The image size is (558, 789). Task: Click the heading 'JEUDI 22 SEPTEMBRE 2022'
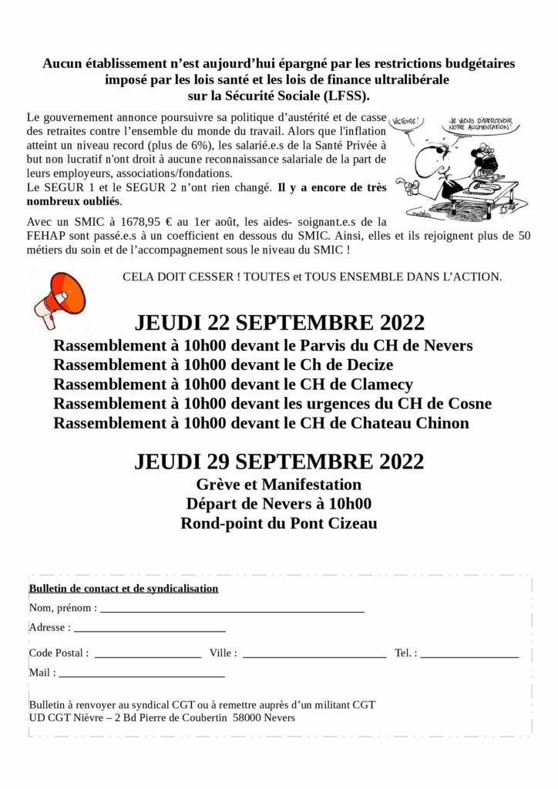point(279,321)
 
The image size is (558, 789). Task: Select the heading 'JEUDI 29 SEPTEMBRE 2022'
point(279,462)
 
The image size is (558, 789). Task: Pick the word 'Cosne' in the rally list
point(467,404)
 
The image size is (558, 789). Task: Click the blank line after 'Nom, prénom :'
point(232,609)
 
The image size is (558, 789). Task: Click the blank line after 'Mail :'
point(142,675)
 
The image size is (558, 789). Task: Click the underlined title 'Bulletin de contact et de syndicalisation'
point(123,589)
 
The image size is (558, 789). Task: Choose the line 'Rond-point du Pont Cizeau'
point(279,524)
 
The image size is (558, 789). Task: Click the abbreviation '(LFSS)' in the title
point(345,96)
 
